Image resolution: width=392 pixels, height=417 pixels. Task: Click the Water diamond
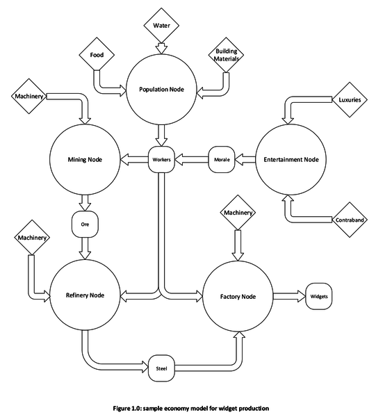(x=161, y=26)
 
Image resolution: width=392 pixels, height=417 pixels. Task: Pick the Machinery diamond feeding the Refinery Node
(x=32, y=238)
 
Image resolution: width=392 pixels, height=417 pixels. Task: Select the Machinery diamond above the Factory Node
(x=238, y=213)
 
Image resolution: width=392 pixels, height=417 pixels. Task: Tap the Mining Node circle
(x=85, y=159)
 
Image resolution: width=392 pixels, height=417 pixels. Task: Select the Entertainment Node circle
(x=291, y=159)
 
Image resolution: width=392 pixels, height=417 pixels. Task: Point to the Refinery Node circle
(x=85, y=295)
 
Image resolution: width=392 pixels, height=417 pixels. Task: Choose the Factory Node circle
(x=237, y=296)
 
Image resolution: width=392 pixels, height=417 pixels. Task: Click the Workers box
(x=161, y=160)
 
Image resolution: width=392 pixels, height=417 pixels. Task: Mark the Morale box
(x=221, y=160)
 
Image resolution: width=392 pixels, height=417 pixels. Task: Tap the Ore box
(x=84, y=224)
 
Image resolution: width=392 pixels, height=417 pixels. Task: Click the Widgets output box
(x=319, y=296)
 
